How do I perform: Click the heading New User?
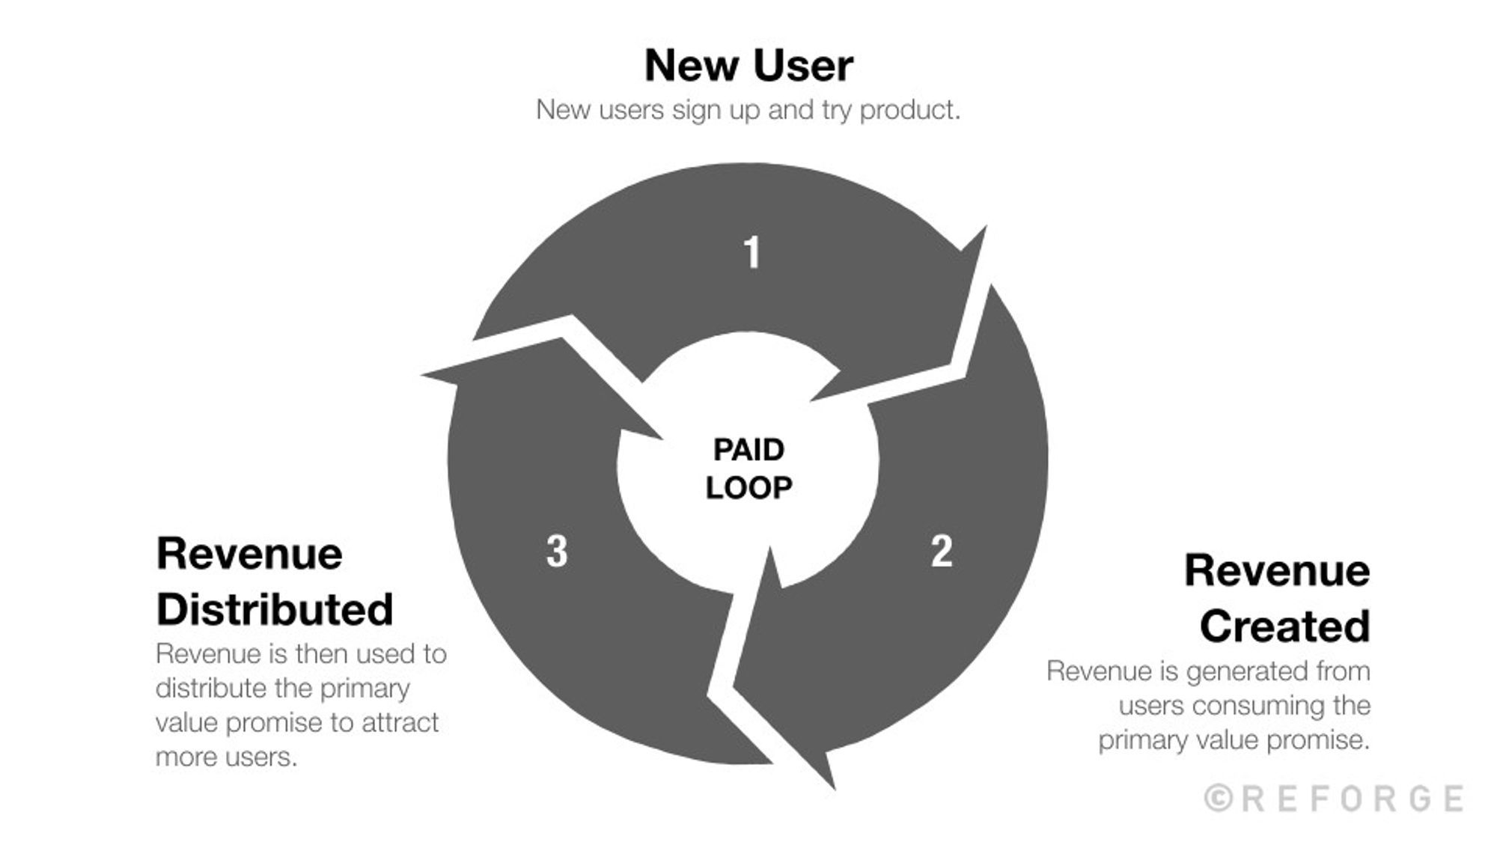tap(748, 66)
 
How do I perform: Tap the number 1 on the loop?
tap(751, 252)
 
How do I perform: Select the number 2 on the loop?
tap(941, 552)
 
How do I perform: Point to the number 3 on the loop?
tap(557, 552)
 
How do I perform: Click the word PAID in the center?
tap(748, 450)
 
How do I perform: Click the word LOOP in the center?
tap(748, 488)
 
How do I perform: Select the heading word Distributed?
tap(275, 608)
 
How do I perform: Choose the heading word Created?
tap(1284, 626)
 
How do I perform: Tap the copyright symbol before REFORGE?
tap(1219, 799)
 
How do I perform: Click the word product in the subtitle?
tap(909, 111)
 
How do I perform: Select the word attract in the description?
tap(400, 723)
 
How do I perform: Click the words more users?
tap(226, 757)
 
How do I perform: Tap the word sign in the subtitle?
tap(692, 111)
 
